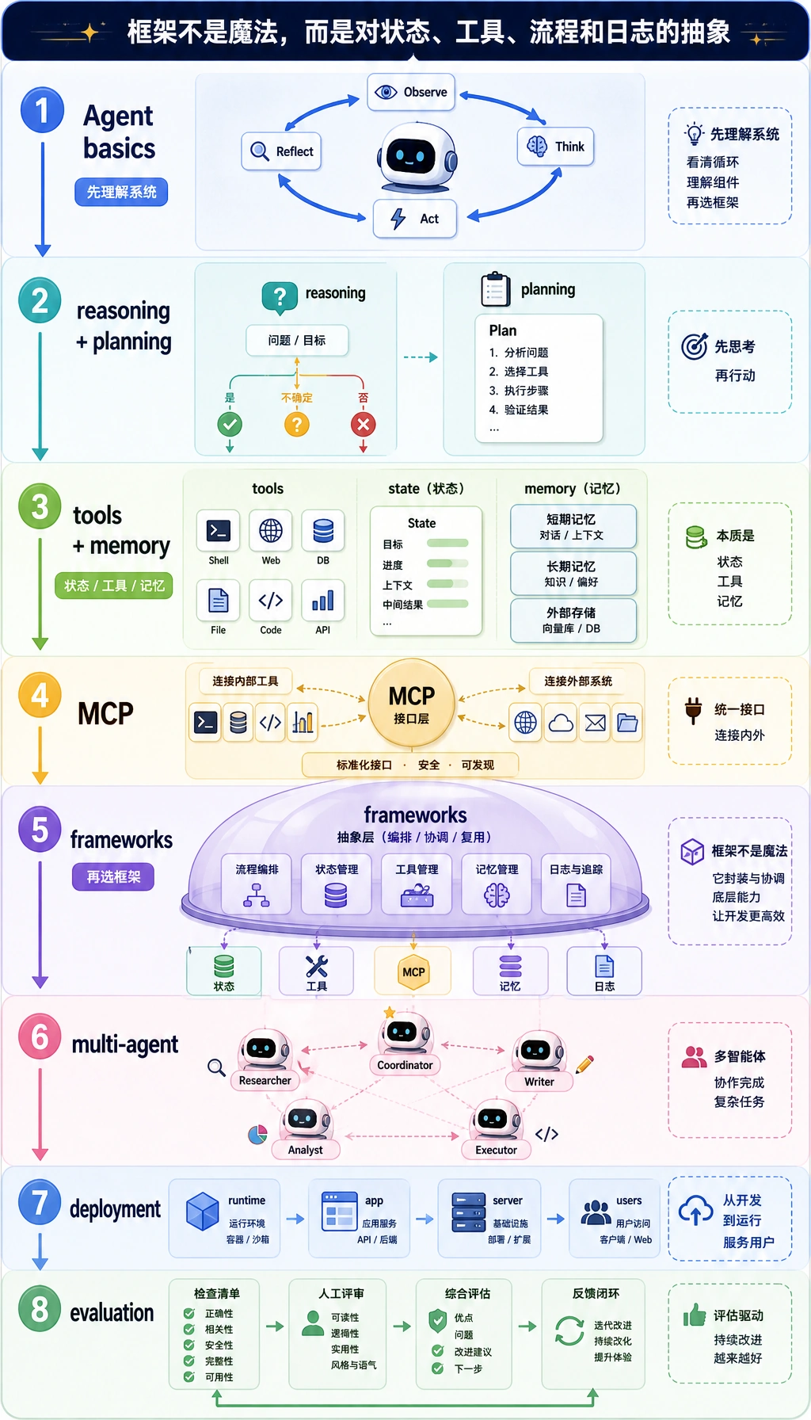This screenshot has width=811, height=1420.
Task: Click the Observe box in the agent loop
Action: point(410,93)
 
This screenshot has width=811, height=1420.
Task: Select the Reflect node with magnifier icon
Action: point(281,151)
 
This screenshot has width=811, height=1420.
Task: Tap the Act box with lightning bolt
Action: point(415,219)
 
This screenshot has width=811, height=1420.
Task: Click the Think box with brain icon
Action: point(555,147)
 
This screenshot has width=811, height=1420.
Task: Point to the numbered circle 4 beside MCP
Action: point(40,695)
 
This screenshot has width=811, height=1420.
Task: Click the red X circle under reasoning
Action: point(363,425)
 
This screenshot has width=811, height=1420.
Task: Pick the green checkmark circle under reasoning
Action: point(230,425)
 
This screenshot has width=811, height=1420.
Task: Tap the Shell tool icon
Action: point(218,531)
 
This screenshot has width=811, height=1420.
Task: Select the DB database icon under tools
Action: point(323,531)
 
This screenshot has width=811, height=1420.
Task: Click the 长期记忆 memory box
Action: point(573,573)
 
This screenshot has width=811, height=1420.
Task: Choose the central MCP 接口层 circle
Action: point(412,704)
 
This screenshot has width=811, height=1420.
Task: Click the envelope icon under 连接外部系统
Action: point(595,723)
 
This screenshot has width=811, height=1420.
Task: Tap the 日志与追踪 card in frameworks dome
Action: point(577,884)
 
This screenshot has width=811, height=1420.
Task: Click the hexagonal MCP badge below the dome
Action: point(413,972)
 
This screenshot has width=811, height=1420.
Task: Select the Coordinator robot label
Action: point(405,1065)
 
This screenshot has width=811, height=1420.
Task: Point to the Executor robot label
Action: point(496,1150)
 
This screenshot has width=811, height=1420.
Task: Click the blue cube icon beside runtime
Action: point(203,1212)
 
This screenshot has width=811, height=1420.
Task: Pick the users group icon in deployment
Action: point(596,1212)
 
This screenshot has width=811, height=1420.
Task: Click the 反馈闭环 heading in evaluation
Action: point(596,1293)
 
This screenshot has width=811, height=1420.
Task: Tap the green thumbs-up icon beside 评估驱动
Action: point(695,1315)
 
